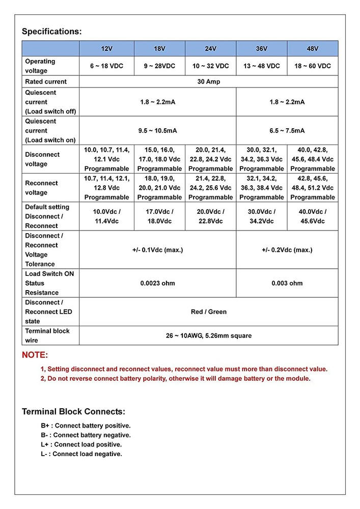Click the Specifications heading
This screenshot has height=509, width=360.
point(51,32)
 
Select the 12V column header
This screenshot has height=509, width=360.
point(106,48)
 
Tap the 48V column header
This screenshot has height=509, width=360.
point(312,48)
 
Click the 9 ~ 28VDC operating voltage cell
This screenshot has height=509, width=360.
point(159,66)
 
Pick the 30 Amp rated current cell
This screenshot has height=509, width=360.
point(208,81)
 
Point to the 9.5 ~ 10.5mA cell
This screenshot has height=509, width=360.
point(157,131)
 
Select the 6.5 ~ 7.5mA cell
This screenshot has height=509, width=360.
point(287,131)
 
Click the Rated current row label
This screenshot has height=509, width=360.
point(46,81)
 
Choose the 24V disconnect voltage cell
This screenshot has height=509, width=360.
point(210,159)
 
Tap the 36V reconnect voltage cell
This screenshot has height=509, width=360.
point(261,188)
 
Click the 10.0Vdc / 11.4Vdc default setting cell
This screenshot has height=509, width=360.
point(106,216)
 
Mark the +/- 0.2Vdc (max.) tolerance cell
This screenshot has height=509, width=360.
point(287,250)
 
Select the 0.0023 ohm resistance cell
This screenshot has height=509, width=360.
point(157,283)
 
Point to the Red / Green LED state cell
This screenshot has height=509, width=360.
point(208,312)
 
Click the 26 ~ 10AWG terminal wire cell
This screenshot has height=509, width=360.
point(208,335)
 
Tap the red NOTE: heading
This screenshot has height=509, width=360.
point(35,355)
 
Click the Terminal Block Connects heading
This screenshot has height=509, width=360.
point(73,412)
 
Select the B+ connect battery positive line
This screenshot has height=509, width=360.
point(86,426)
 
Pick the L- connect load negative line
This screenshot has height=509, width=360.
point(81,454)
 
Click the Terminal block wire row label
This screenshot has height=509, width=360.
point(47,335)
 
